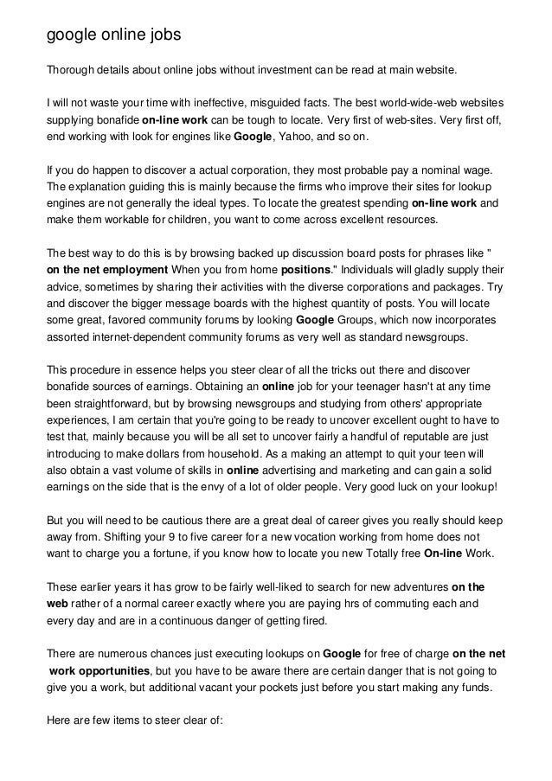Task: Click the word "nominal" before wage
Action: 435,170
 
